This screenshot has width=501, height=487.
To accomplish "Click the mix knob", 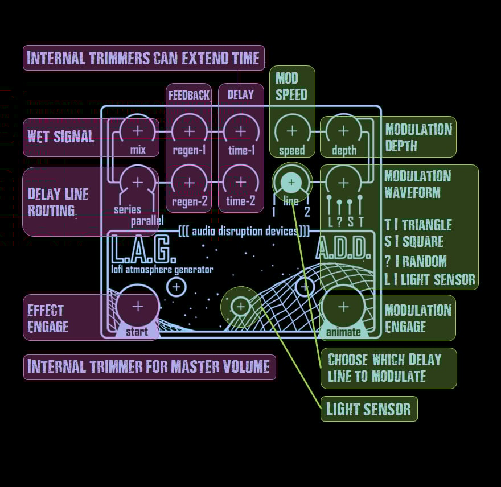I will tap(138, 131).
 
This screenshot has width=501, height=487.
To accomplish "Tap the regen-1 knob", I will tap(189, 131).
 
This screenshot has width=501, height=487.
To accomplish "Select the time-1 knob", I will tap(241, 131).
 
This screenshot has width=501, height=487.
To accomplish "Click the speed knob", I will tap(292, 131).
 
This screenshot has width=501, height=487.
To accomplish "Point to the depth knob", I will tap(343, 131).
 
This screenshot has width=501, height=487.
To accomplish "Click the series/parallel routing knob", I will tap(138, 182).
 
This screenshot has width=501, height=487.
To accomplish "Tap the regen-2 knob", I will tap(189, 182).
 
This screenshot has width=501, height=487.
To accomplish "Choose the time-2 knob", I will tap(241, 182).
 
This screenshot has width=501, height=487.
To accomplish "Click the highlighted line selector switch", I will tap(292, 182).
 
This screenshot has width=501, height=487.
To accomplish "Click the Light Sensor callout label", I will tap(369, 409).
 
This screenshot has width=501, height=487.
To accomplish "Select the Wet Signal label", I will tap(61, 137).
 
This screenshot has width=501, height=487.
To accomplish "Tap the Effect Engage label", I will tap(48, 318).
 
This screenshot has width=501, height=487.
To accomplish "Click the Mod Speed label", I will tap(291, 86).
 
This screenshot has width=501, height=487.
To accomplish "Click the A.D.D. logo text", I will tap(342, 250).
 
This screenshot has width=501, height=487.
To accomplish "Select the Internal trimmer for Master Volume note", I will tap(149, 366).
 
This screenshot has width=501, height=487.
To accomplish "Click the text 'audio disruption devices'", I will tap(244, 231).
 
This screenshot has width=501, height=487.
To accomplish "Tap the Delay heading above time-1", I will tap(241, 95).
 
